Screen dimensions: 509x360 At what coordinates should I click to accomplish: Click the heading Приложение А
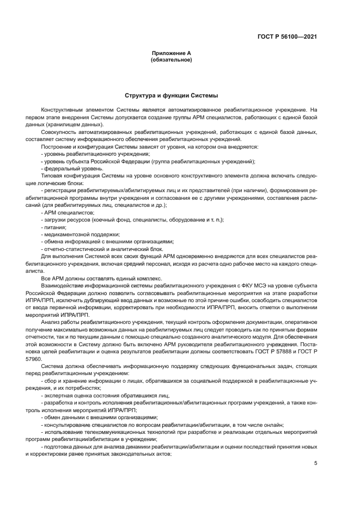coord(171,53)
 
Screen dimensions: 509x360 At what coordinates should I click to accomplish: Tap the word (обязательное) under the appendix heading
coord(171,59)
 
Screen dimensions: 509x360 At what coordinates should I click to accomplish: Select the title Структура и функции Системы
coord(171,95)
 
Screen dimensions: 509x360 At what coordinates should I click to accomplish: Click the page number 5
coord(315,463)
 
